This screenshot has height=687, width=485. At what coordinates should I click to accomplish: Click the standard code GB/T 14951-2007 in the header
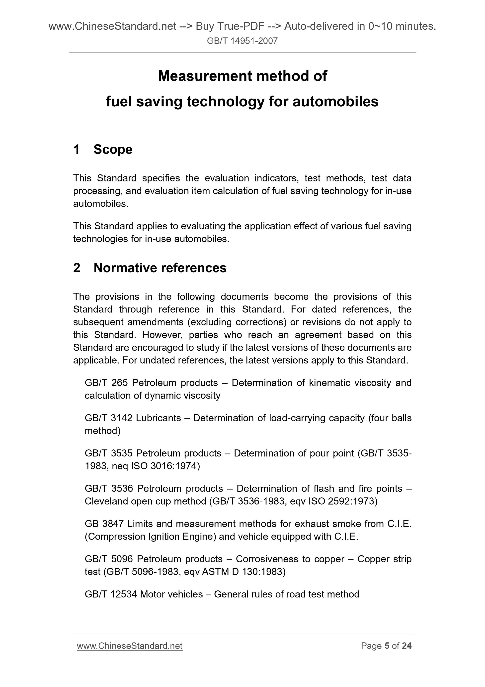pyautogui.click(x=242, y=41)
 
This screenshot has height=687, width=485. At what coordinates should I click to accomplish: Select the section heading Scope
pyautogui.click(x=113, y=149)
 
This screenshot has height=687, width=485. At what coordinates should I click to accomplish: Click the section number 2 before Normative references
pyautogui.click(x=77, y=268)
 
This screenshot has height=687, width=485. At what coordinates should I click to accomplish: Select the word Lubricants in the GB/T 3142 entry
pyautogui.click(x=158, y=418)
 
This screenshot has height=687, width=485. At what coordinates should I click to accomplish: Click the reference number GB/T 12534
pyautogui.click(x=111, y=594)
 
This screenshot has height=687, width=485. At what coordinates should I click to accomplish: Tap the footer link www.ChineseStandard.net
pyautogui.click(x=129, y=646)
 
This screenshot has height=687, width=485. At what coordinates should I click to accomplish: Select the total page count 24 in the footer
pyautogui.click(x=406, y=646)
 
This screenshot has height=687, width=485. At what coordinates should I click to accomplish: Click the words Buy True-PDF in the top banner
pyautogui.click(x=230, y=27)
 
